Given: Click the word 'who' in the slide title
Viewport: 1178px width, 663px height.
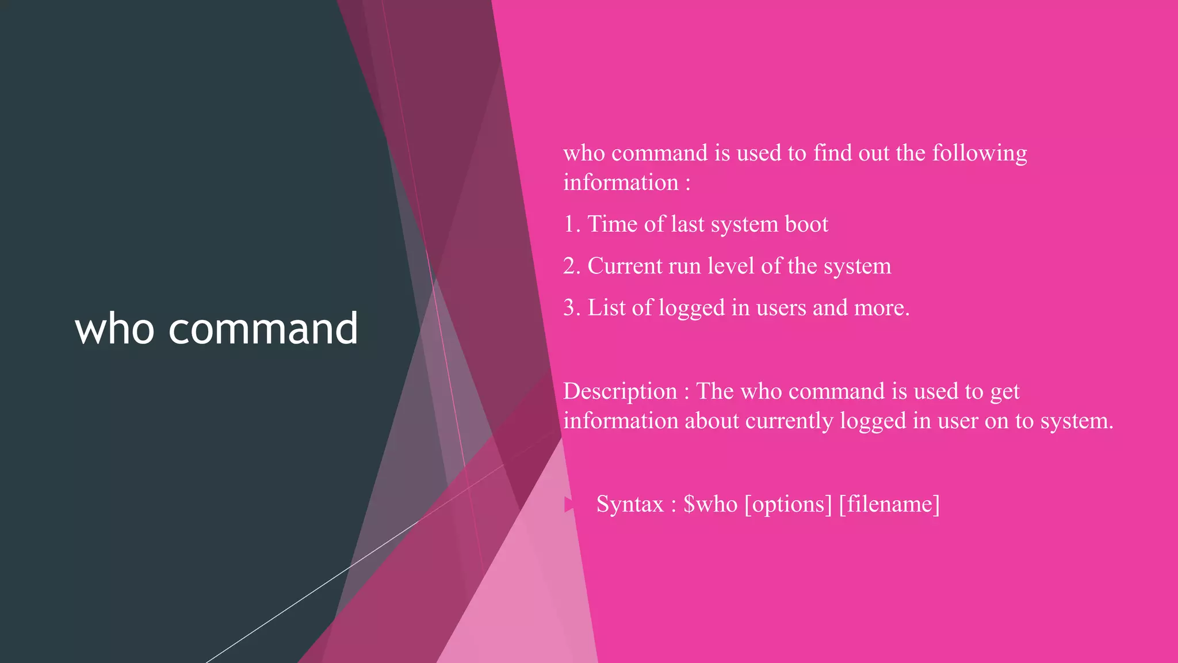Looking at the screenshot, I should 114,329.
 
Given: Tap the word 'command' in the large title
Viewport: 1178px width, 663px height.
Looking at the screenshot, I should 263,329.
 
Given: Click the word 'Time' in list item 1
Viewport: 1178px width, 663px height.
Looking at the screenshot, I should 612,224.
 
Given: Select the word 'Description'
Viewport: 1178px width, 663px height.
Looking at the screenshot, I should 620,392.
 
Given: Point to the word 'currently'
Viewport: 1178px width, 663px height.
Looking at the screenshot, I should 789,421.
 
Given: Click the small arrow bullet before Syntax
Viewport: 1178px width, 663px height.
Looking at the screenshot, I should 569,505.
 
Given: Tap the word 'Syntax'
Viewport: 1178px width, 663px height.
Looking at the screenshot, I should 630,505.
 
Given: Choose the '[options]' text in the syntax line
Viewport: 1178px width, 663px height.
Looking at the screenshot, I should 788,505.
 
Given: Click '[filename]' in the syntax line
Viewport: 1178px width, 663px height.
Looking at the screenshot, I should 889,505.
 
